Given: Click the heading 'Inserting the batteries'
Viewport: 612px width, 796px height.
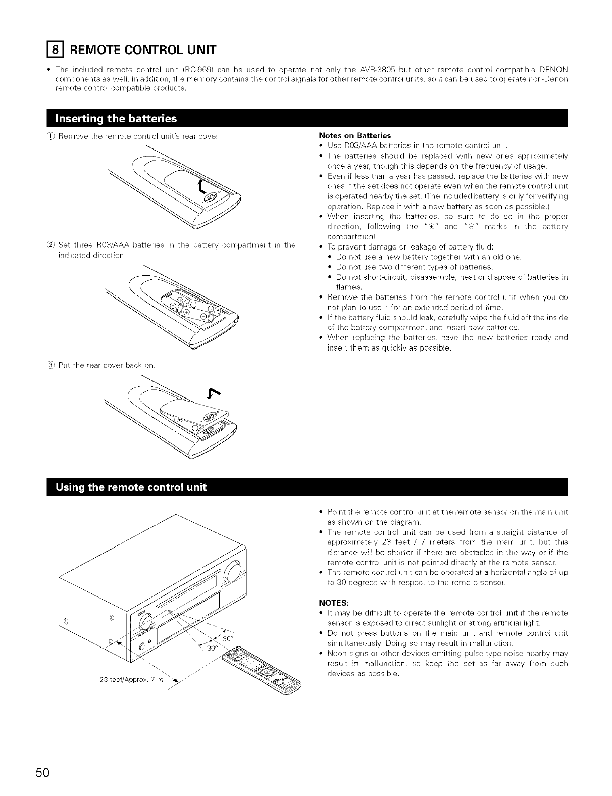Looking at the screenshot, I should [116, 119].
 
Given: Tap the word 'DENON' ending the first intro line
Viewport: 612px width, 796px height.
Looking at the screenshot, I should [552, 69].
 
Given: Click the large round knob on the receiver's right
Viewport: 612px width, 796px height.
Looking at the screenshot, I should [233, 573].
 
